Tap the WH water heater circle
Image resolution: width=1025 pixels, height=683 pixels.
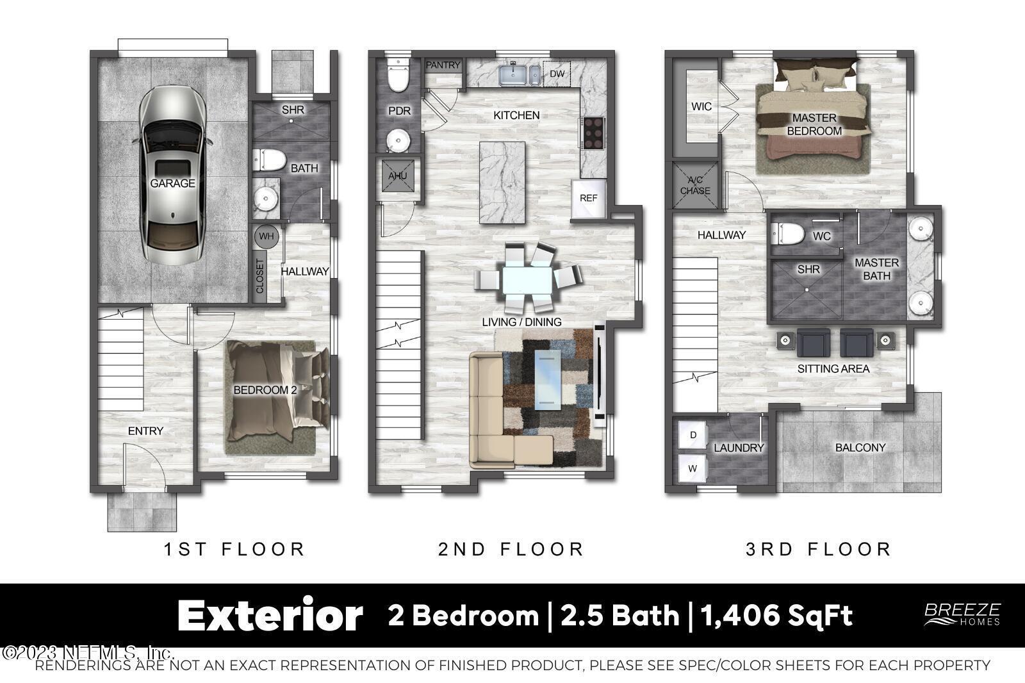pyautogui.click(x=266, y=236)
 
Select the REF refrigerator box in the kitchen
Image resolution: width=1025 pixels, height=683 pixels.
pyautogui.click(x=589, y=198)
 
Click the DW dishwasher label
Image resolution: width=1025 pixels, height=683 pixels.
pyautogui.click(x=557, y=74)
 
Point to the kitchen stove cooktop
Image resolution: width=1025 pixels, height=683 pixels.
pyautogui.click(x=593, y=133)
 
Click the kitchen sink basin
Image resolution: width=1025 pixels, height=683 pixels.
pyautogui.click(x=513, y=76)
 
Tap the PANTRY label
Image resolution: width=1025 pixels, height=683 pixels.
pyautogui.click(x=443, y=65)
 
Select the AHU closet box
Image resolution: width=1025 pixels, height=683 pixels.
pyautogui.click(x=398, y=176)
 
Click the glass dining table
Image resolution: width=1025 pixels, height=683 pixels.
pyautogui.click(x=527, y=279)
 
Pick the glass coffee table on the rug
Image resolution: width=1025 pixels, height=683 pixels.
pyautogui.click(x=548, y=380)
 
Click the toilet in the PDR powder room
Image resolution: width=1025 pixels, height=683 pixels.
pyautogui.click(x=398, y=76)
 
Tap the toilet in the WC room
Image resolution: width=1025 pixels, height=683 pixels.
pyautogui.click(x=787, y=233)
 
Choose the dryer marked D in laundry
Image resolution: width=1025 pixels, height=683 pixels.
pyautogui.click(x=693, y=434)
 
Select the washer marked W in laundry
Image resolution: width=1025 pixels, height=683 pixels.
pyautogui.click(x=693, y=468)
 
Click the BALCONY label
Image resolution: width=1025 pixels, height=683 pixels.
pyautogui.click(x=860, y=447)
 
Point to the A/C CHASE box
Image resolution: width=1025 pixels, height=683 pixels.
pyautogui.click(x=695, y=185)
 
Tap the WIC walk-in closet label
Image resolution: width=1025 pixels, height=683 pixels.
pyautogui.click(x=701, y=106)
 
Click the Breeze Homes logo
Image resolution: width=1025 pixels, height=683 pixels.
pyautogui.click(x=962, y=614)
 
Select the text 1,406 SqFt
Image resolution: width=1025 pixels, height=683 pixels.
pyautogui.click(x=776, y=615)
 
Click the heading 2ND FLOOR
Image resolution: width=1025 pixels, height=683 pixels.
pyautogui.click(x=511, y=549)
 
